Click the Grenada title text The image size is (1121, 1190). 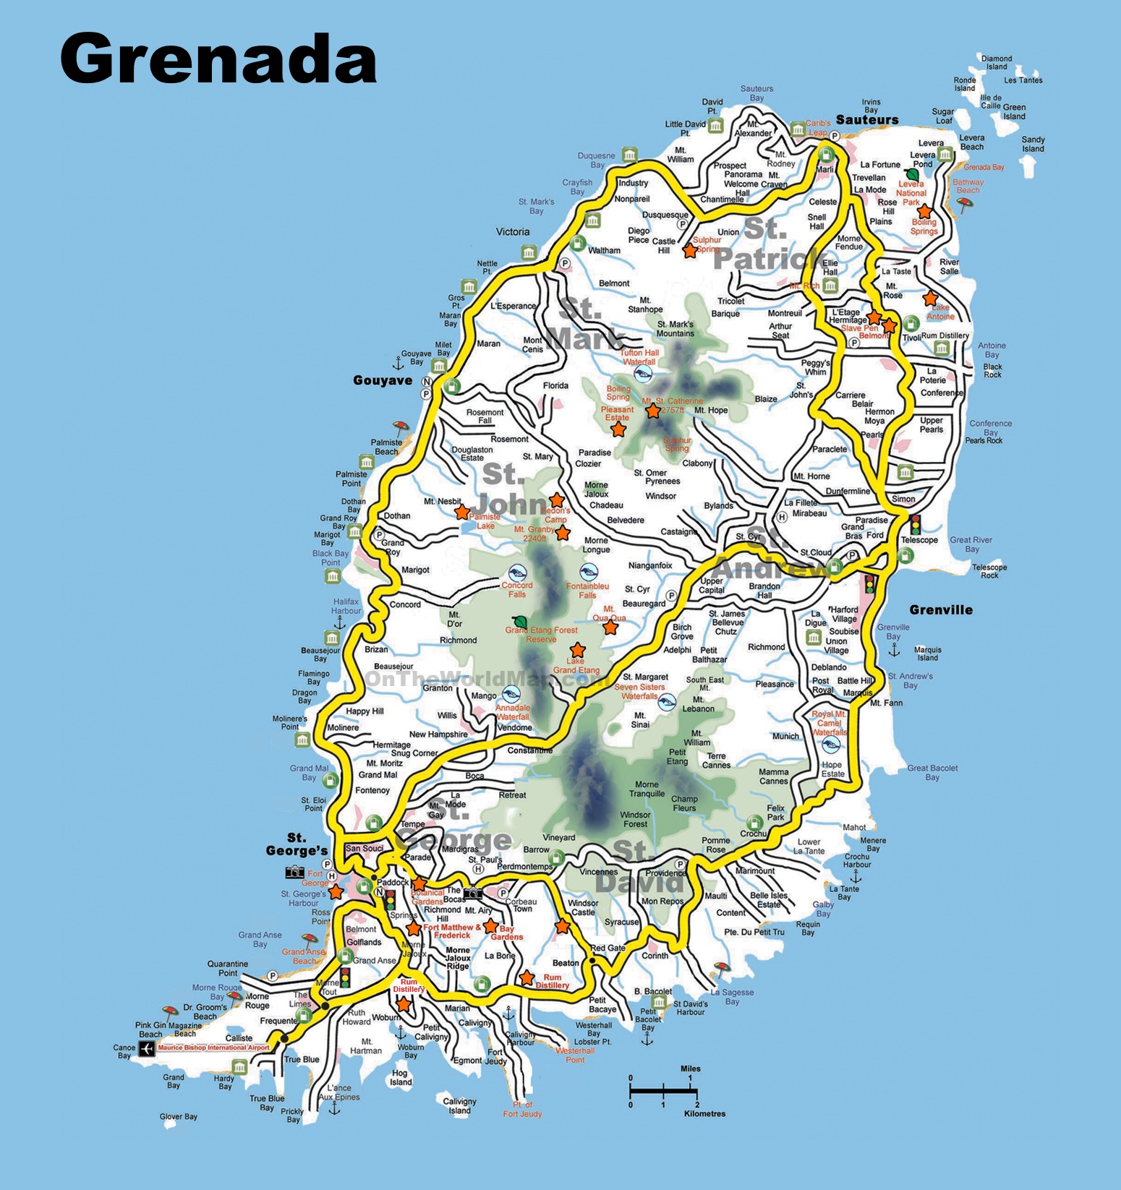click(x=218, y=59)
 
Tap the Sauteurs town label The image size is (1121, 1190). click(x=866, y=120)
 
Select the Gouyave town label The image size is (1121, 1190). click(x=383, y=380)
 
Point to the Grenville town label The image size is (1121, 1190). click(x=940, y=609)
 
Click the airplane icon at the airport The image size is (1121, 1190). click(x=147, y=1048)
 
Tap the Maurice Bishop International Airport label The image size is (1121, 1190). click(x=213, y=1048)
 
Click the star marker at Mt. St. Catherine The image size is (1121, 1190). click(x=653, y=411)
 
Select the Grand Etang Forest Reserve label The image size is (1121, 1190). click(x=541, y=635)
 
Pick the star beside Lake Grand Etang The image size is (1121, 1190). click(x=577, y=650)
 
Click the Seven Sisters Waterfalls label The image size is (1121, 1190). click(x=639, y=691)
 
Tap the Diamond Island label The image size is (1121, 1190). click(x=996, y=62)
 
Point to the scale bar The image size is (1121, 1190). click(x=662, y=1090)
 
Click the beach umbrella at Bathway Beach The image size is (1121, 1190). click(x=964, y=204)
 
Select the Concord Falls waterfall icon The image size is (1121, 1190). click(x=517, y=573)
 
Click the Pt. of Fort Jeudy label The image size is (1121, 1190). click(x=522, y=1109)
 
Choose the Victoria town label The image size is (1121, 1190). click(x=513, y=232)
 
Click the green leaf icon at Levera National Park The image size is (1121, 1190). click(x=913, y=174)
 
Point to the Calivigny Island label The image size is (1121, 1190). click(x=459, y=1105)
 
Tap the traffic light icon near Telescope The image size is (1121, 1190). click(x=916, y=523)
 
